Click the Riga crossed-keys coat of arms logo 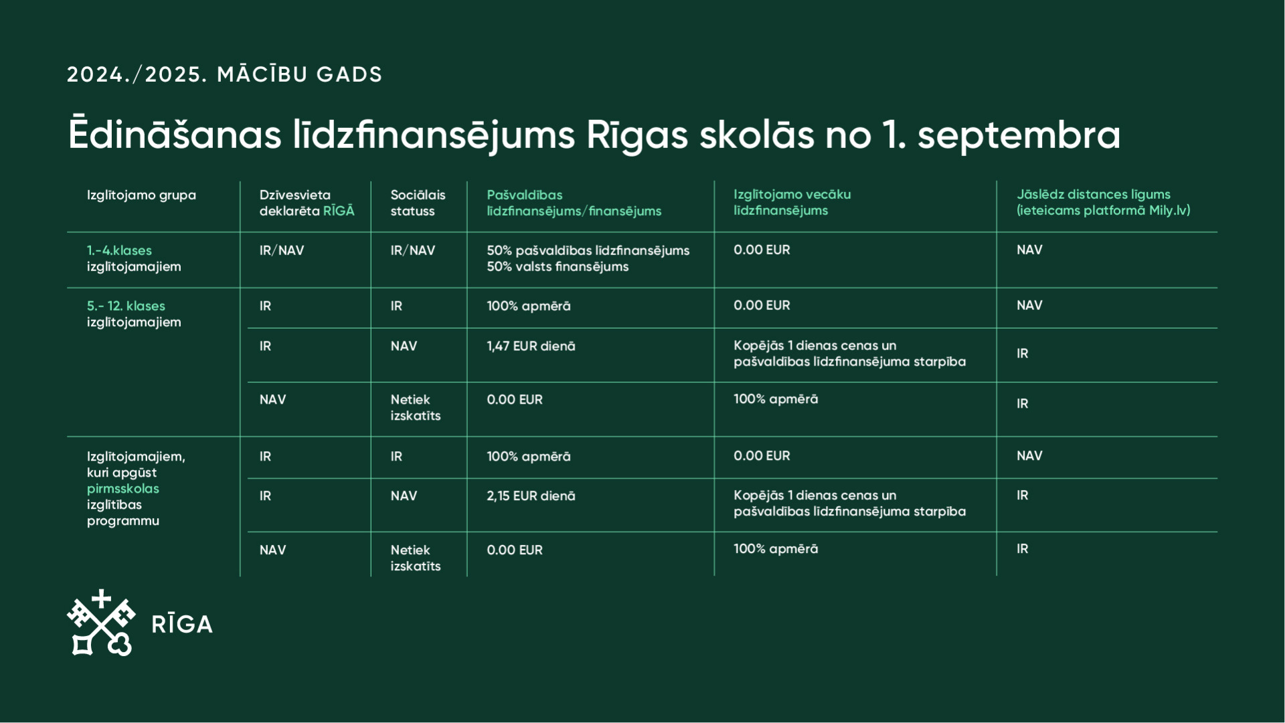(101, 623)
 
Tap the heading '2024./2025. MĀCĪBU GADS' (224, 74)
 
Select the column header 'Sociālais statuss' (418, 203)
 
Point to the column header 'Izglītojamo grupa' (141, 195)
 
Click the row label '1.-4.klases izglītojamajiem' (134, 258)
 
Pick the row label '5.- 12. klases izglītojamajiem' (134, 314)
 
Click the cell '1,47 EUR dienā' (531, 346)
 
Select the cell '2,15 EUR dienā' (531, 496)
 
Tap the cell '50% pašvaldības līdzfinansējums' (588, 250)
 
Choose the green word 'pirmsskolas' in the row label (123, 489)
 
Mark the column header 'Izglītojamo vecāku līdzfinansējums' (792, 202)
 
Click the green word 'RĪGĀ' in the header (339, 211)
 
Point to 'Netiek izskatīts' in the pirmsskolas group (416, 558)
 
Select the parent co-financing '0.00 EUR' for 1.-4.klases (762, 250)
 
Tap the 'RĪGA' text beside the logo (182, 625)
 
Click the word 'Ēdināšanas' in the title (175, 135)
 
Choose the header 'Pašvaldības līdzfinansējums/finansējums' (574, 203)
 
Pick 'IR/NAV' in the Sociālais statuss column (412, 250)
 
